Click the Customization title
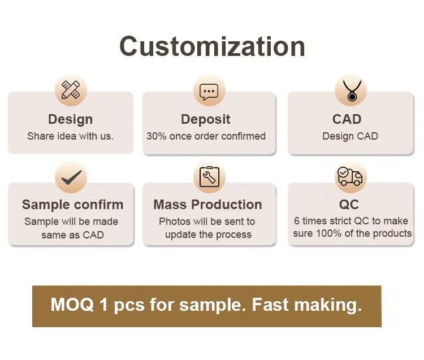click(212, 46)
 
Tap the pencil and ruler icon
click(71, 90)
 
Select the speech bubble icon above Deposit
click(209, 92)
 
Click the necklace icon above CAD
click(352, 90)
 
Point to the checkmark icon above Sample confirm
click(71, 177)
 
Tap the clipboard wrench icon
click(209, 177)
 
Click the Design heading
click(70, 119)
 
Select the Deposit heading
click(206, 119)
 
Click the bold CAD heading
click(347, 119)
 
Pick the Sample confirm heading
click(72, 205)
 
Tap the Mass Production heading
click(207, 205)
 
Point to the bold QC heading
click(349, 205)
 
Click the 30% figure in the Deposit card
click(156, 136)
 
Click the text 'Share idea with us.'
click(70, 136)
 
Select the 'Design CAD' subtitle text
click(350, 137)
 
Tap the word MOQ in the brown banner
click(72, 305)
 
